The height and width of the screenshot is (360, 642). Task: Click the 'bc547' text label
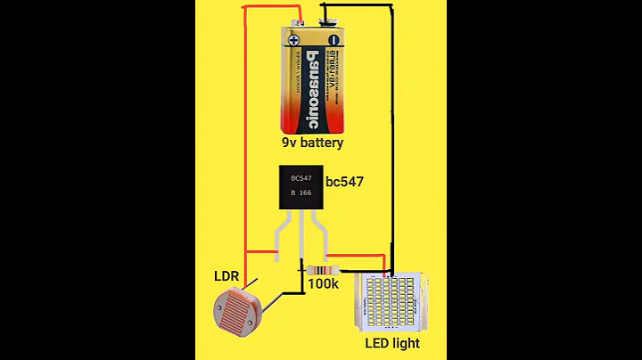(344, 182)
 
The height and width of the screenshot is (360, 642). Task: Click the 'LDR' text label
(226, 278)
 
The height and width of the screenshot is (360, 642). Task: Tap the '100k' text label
(323, 284)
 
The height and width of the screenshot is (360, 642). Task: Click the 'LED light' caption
(392, 343)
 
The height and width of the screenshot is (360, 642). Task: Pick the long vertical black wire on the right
(391, 134)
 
